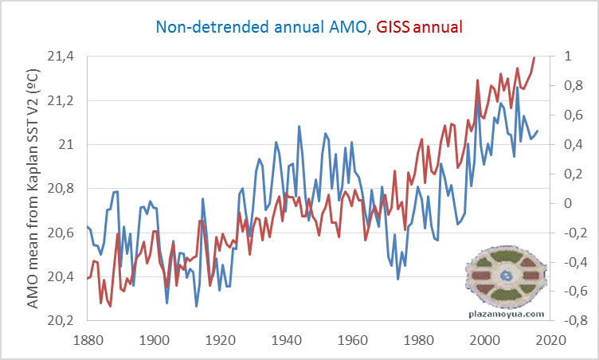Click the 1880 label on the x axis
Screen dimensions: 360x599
(88, 340)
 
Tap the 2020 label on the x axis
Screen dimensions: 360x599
(549, 340)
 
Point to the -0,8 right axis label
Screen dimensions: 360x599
(570, 320)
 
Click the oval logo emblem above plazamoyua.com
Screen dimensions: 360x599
(506, 276)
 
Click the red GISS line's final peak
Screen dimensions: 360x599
(534, 57)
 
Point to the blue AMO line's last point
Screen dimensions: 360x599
(538, 131)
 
